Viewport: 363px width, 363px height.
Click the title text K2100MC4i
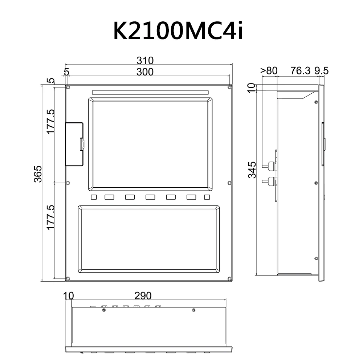(x=178, y=31)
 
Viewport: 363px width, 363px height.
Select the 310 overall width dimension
(x=145, y=60)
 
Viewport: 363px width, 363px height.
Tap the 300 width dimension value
(x=145, y=72)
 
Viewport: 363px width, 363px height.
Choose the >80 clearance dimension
(x=269, y=70)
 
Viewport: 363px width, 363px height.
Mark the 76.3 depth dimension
(x=301, y=70)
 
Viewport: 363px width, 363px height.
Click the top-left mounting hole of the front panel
(x=68, y=87)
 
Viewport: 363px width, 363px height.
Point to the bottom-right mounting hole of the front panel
(x=229, y=279)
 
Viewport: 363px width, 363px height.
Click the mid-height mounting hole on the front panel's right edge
(x=229, y=183)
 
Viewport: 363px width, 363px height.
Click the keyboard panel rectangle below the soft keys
(x=149, y=239)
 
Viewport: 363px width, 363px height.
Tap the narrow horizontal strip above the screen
(x=150, y=92)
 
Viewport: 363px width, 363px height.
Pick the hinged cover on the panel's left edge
(x=74, y=144)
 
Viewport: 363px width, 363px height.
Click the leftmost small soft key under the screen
(x=94, y=197)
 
